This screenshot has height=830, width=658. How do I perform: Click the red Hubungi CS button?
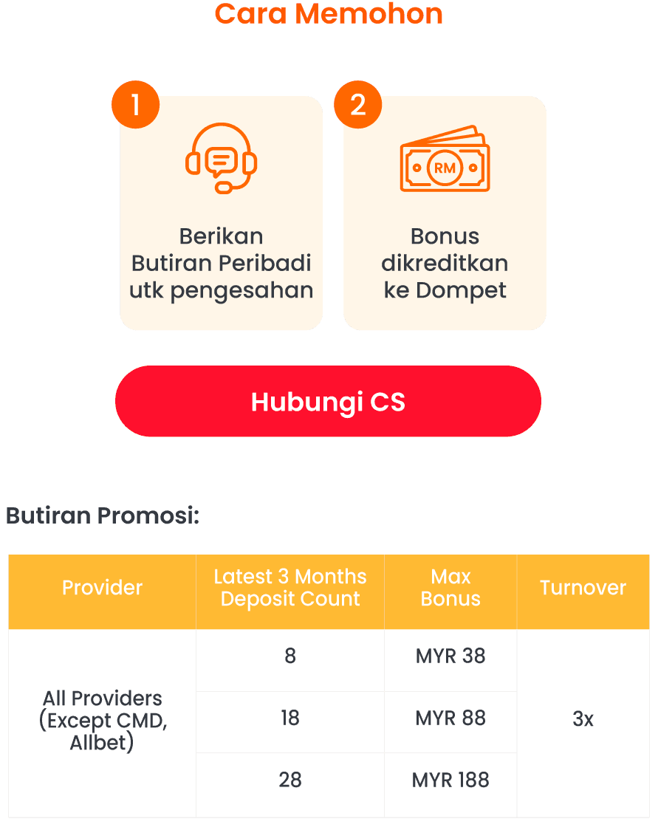click(328, 402)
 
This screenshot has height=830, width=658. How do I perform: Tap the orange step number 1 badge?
click(136, 106)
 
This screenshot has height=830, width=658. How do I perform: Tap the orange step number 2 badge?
click(358, 106)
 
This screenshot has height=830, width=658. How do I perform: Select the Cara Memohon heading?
click(329, 13)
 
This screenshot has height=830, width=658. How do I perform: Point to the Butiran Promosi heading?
click(103, 515)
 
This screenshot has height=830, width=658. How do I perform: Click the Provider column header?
click(102, 588)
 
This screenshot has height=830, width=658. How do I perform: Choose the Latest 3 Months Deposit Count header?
click(290, 588)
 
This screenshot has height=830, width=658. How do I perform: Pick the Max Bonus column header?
click(450, 588)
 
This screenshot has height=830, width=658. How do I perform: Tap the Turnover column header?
click(583, 588)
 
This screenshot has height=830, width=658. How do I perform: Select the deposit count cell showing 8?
click(290, 656)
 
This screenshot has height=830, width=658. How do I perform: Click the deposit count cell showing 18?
click(290, 718)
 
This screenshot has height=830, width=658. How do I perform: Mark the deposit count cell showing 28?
click(290, 780)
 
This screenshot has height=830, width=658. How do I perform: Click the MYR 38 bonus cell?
click(450, 656)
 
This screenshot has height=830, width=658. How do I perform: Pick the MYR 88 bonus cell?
click(450, 718)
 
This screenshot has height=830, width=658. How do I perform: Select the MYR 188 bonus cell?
click(450, 780)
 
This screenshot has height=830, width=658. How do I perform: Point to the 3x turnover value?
click(583, 719)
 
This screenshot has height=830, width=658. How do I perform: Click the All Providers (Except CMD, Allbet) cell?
click(103, 720)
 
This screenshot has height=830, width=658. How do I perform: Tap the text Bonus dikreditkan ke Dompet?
click(445, 264)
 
